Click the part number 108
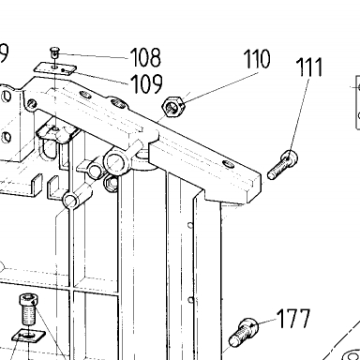pos(145,57)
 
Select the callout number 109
pos(146,83)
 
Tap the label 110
pos(257,58)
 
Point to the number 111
pos(308,67)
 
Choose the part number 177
pos(293,319)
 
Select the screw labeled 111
pos(283,165)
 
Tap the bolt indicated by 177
pos(244,332)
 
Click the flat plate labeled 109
pos(55,68)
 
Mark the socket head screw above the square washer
pos(28,309)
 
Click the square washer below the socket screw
pos(28,336)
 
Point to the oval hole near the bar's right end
pos(229,164)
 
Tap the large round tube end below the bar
pos(115,161)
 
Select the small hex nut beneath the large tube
pos(112,183)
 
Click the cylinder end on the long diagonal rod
pos(71,200)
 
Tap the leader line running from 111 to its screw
pos(299,115)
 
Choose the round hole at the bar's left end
pos(32,103)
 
